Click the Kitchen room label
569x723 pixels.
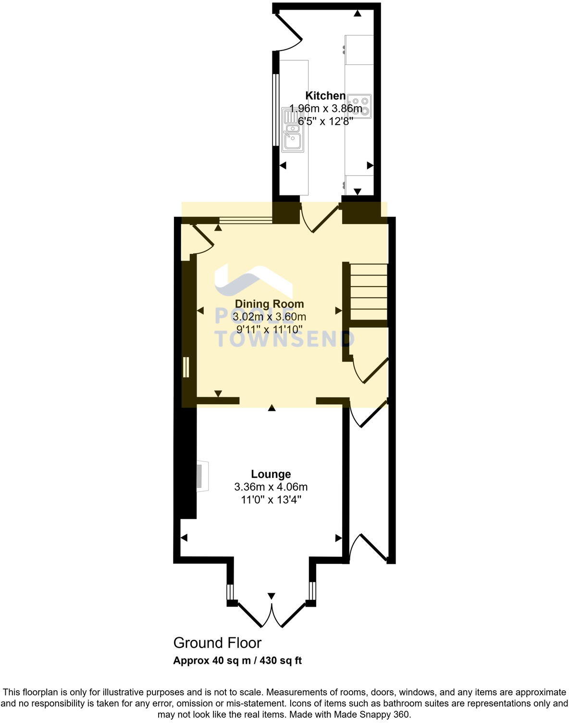pos(326,96)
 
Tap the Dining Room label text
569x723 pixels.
pos(269,304)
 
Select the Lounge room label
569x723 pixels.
pos(271,474)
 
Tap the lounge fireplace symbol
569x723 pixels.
pos(202,476)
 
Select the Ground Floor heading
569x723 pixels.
pos(217,643)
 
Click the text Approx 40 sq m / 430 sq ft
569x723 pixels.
pos(237,661)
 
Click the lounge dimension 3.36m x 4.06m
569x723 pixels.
pos(271,487)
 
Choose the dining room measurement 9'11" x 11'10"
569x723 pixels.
pos(269,329)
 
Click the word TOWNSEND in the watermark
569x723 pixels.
pos(284,338)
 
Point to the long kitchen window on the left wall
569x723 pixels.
pos(275,109)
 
